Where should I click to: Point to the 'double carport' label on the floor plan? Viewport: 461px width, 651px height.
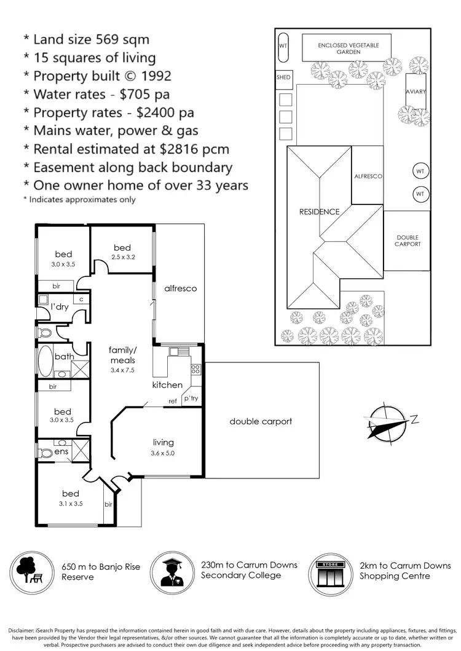tap(261, 421)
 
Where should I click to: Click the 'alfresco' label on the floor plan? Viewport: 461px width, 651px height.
tap(180, 288)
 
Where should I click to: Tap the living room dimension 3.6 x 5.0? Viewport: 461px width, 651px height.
tap(163, 454)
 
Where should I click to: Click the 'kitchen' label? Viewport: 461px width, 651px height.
tap(167, 385)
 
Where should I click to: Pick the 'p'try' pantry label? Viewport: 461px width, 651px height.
tap(190, 399)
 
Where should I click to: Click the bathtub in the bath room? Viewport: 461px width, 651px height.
tap(45, 362)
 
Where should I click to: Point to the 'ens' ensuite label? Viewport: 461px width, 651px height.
tap(61, 451)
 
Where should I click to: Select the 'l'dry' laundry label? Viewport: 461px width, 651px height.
tap(60, 306)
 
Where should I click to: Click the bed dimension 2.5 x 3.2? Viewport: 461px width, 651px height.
tap(122, 257)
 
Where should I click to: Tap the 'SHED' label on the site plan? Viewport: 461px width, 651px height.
tap(283, 77)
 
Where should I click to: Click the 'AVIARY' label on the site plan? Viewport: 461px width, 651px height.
tap(416, 92)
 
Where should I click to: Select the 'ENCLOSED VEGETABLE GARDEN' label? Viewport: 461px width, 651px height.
tap(348, 49)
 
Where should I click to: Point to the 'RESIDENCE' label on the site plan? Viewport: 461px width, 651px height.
tap(319, 212)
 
